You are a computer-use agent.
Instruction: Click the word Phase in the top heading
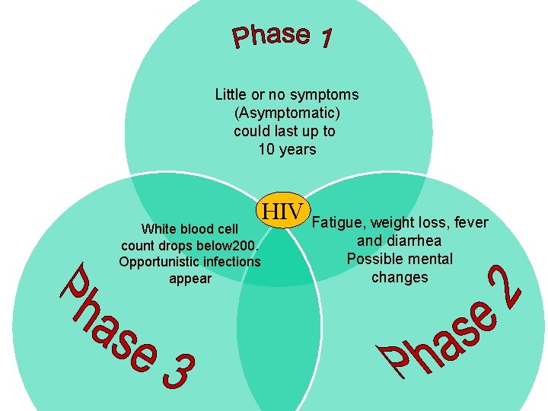pyautogui.click(x=270, y=35)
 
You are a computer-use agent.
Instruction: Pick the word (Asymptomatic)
pyautogui.click(x=286, y=113)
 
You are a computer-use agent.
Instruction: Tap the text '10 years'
pyautogui.click(x=287, y=149)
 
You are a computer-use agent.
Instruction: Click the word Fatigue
pyautogui.click(x=339, y=222)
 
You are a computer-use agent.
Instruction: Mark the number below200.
pyautogui.click(x=234, y=246)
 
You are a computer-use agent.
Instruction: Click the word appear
pyautogui.click(x=190, y=279)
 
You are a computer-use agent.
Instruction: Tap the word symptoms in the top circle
pyautogui.click(x=325, y=95)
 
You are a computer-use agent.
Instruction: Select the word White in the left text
pyautogui.click(x=159, y=229)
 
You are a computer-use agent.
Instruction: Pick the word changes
pyautogui.click(x=400, y=277)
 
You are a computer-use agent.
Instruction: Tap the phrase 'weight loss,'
pyautogui.click(x=409, y=222)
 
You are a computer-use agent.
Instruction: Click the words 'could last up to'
pyautogui.click(x=285, y=131)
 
